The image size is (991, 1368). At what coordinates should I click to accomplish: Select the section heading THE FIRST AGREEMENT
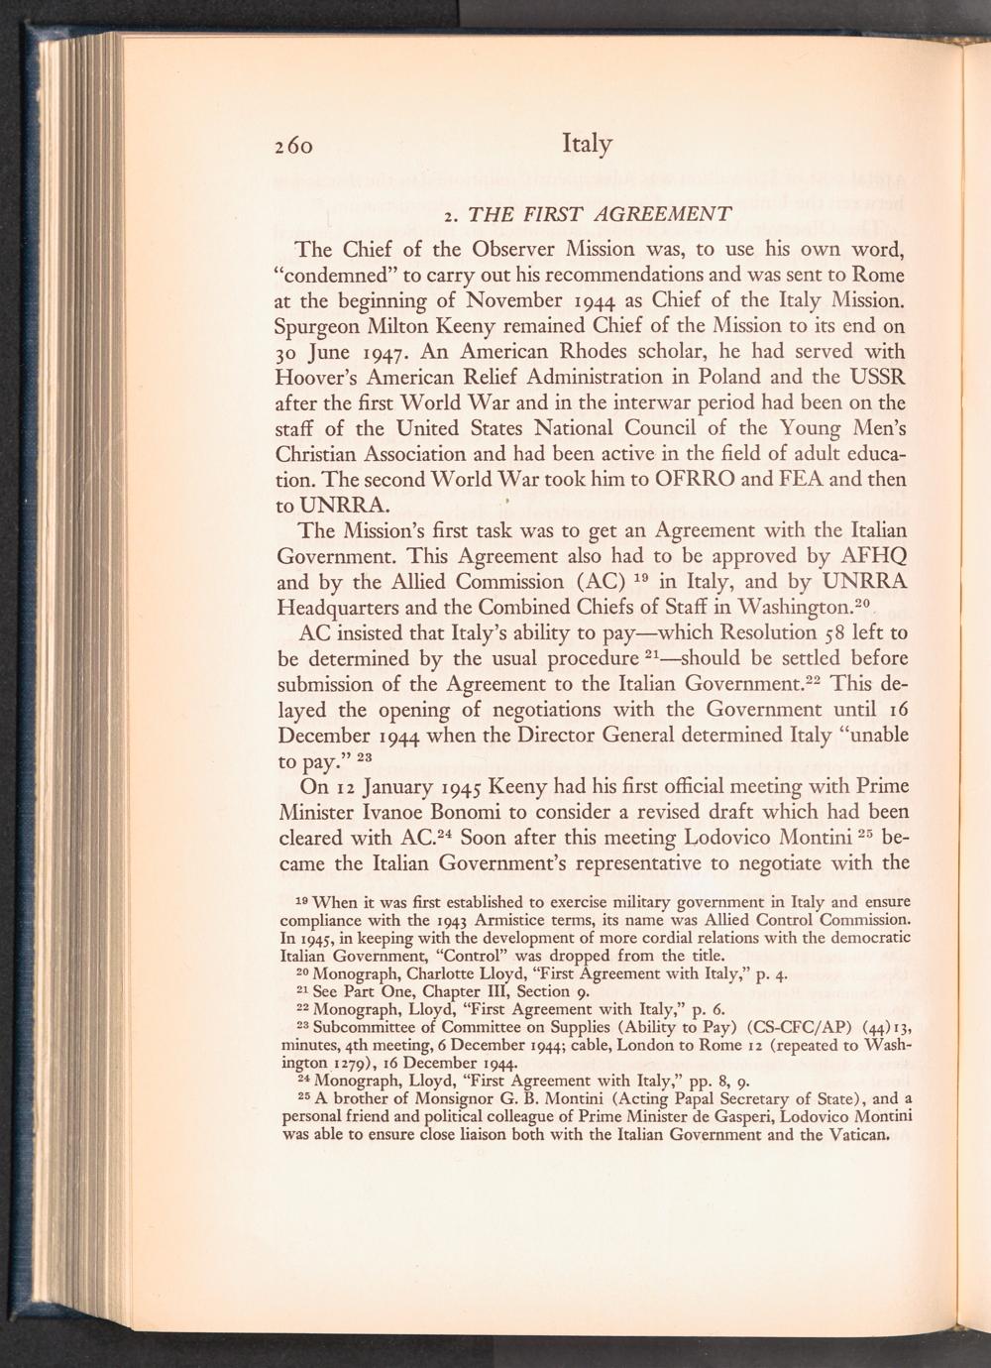(x=600, y=213)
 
